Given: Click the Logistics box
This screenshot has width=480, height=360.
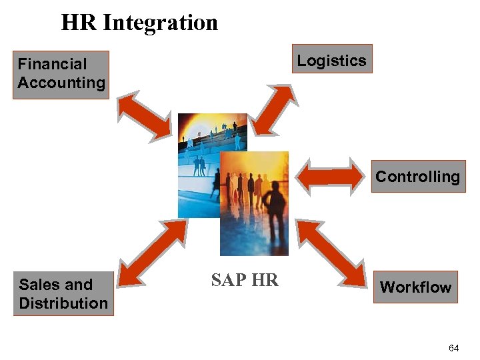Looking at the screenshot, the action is [x=331, y=60].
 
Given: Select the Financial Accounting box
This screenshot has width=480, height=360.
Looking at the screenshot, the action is [x=61, y=74].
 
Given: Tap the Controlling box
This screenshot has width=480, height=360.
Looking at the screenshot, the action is [x=417, y=177].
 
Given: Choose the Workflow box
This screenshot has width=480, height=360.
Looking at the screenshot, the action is [x=415, y=287].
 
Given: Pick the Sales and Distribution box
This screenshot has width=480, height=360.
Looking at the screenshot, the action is [x=63, y=293].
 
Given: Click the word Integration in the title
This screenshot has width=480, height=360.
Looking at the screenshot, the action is [x=161, y=23].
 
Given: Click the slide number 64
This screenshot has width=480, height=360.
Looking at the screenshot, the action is [x=454, y=348].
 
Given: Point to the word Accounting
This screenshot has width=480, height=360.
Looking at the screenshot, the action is [x=61, y=83].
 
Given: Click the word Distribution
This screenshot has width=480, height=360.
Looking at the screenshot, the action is [x=63, y=303].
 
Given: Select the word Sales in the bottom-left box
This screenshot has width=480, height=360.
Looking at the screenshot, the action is [x=37, y=285].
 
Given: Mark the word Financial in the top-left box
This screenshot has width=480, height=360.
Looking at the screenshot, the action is [x=52, y=65].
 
